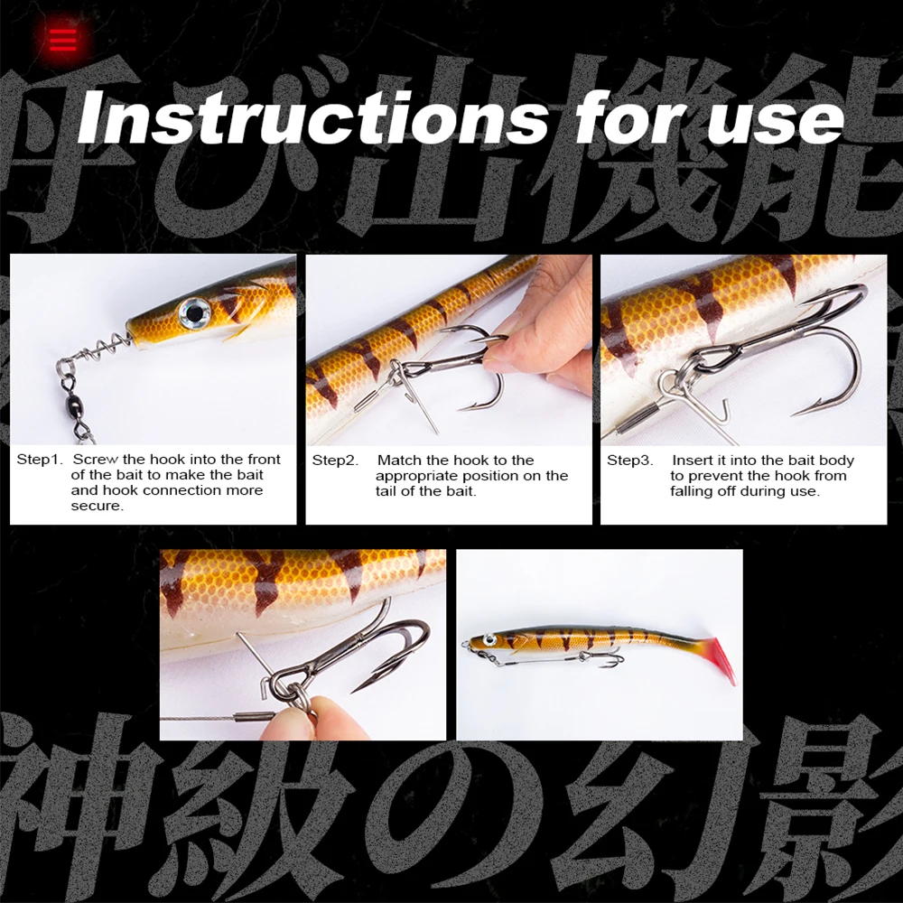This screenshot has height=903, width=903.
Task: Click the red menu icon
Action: coord(63,39)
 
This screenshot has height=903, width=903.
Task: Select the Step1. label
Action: coord(40,460)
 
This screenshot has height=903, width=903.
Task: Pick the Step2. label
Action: coord(335,461)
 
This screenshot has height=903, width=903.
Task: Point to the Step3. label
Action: coord(629,461)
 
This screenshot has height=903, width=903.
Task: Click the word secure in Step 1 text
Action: coord(97,506)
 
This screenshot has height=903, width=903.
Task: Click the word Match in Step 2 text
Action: coord(398,461)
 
